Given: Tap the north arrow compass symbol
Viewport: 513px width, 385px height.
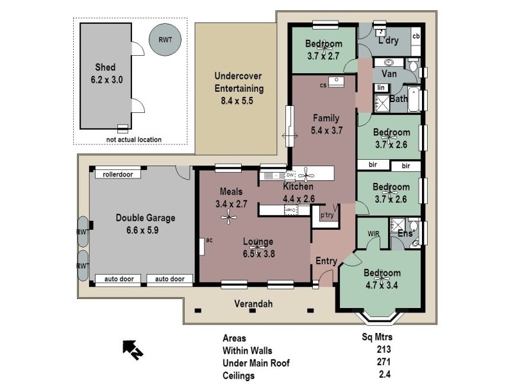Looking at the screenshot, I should pos(133,348).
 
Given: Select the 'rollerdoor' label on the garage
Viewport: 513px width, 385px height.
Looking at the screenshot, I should pos(117,174).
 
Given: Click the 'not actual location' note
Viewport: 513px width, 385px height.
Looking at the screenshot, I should pos(134,139).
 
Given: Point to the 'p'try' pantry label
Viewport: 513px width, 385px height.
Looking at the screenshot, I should pos(327,216).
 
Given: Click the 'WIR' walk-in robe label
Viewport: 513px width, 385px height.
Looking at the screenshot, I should pos(374,234).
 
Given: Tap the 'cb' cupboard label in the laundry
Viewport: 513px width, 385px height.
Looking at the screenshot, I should pos(416,36).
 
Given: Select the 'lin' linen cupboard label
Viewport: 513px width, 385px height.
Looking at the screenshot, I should pos(381,87).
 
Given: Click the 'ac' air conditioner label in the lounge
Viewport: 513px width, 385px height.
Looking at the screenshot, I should pos(209,241).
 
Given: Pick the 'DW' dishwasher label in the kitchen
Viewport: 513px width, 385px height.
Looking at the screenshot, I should pos(290,175).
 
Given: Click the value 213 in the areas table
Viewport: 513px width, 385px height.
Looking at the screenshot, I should pos(383,350).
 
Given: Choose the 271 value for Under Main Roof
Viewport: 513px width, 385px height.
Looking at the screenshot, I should pos(383,363).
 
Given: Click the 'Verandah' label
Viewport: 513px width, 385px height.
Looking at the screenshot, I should pos(251,305).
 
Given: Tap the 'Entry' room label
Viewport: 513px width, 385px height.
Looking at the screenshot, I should pos(326,261).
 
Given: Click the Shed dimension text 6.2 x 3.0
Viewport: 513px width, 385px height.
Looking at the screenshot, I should pos(108,80).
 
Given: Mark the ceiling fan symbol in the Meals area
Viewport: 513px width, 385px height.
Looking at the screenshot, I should pos(229,218).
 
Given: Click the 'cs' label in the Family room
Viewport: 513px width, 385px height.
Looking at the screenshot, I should pos(323,84).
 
